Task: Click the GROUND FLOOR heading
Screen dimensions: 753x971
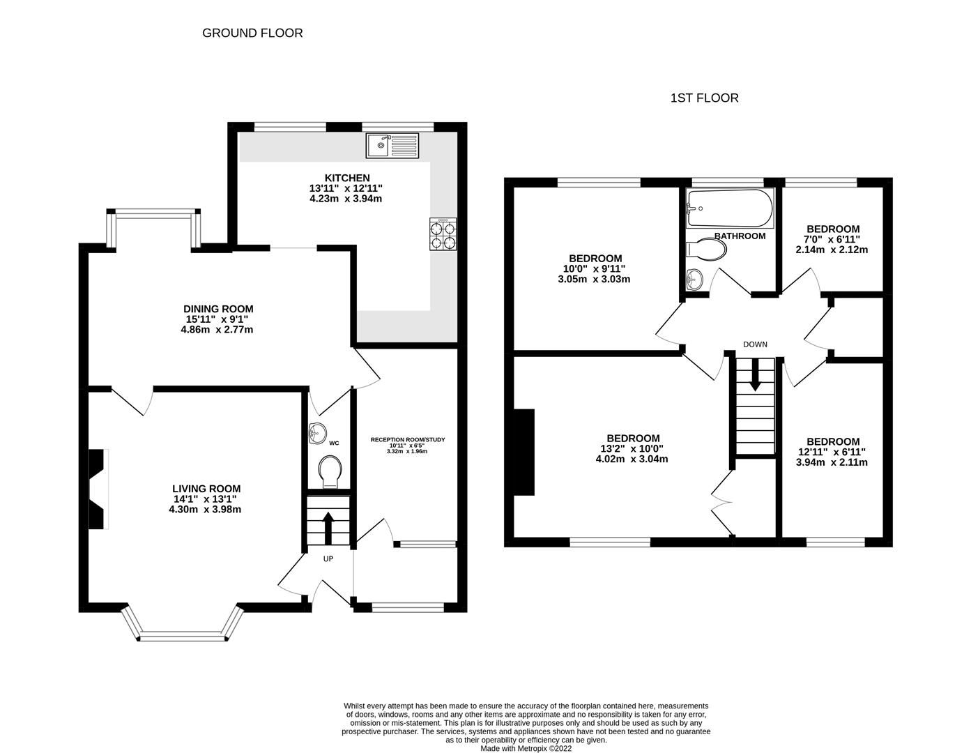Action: click(x=252, y=33)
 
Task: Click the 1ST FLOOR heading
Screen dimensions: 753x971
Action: click(x=704, y=98)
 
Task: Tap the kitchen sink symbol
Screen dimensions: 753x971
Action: click(x=392, y=145)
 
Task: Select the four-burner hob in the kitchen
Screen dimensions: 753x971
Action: click(x=443, y=234)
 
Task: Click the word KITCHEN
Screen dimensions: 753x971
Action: click(x=346, y=178)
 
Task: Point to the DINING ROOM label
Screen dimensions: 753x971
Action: click(x=218, y=309)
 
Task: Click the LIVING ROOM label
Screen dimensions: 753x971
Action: click(x=206, y=489)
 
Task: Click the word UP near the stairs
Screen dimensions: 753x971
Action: click(x=328, y=558)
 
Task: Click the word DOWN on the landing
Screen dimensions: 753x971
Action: click(x=755, y=344)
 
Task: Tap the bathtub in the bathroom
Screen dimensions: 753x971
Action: click(x=729, y=208)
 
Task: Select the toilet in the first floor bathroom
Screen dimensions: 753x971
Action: click(x=705, y=250)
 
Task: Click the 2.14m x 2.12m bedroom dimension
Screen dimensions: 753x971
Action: click(x=833, y=250)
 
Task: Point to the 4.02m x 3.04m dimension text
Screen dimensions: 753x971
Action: click(x=632, y=459)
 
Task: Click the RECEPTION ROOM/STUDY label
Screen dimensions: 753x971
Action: click(x=407, y=440)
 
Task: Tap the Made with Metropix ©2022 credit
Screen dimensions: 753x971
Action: click(x=526, y=748)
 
